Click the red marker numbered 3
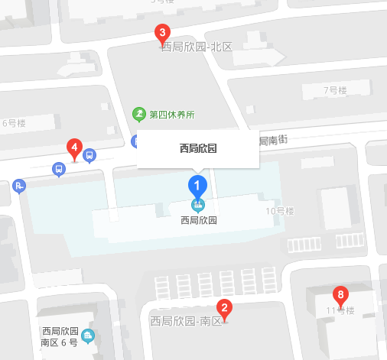click(x=162, y=33)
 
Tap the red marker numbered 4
click(x=74, y=147)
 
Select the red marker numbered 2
click(x=224, y=308)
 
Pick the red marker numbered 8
click(x=341, y=294)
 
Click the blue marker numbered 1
click(x=197, y=184)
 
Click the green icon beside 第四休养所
click(x=139, y=115)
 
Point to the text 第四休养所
click(x=172, y=115)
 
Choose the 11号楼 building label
click(x=340, y=311)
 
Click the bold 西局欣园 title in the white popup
click(x=198, y=148)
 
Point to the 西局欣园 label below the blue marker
click(x=198, y=220)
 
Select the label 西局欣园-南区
click(x=185, y=321)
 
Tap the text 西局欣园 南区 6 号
click(x=60, y=337)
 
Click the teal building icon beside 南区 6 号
click(x=88, y=336)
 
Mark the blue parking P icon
click(x=19, y=185)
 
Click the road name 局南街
click(x=273, y=140)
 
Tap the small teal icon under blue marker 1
click(x=198, y=205)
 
